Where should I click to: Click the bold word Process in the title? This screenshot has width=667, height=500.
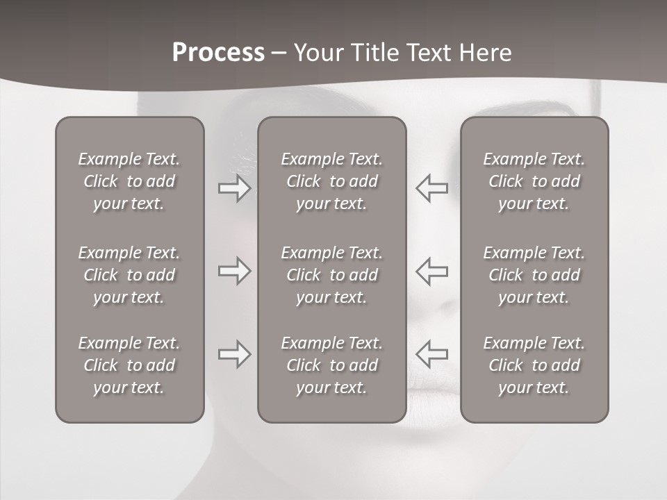tap(218, 53)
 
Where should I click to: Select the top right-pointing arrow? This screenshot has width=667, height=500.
tap(234, 188)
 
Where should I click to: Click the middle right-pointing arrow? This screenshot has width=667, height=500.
tap(234, 271)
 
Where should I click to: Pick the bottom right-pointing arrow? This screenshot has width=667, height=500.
tap(234, 354)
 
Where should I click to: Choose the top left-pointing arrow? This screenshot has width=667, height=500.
tap(431, 188)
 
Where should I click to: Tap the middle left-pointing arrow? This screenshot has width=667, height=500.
tap(431, 271)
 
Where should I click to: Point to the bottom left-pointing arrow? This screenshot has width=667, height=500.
tap(431, 354)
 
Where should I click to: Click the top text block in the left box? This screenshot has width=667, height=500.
tap(129, 181)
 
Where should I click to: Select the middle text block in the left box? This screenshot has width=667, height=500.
tap(129, 275)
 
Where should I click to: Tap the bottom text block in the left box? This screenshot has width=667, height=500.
tap(129, 365)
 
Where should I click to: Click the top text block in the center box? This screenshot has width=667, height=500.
tap(331, 181)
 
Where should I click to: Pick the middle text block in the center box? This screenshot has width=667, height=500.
tap(331, 275)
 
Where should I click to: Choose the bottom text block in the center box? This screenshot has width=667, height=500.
tap(331, 365)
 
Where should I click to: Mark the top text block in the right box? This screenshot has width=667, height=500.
tap(534, 181)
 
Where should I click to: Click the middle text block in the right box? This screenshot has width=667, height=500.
tap(534, 275)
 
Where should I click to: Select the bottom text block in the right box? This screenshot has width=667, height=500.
tap(534, 365)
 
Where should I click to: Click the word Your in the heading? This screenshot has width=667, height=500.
tap(317, 53)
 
